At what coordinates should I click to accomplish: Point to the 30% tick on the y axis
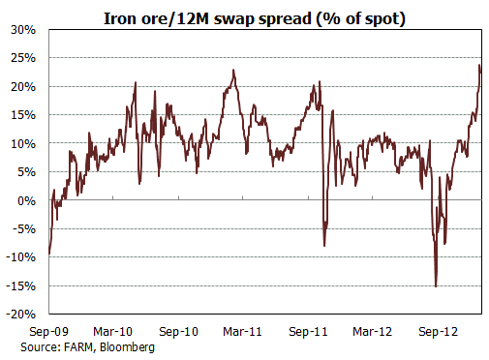[x=23, y=29]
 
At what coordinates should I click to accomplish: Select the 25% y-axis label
[x=23, y=58]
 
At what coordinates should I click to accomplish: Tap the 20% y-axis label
[x=23, y=86]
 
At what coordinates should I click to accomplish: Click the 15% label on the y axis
[x=23, y=115]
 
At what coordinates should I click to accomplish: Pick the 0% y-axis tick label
[x=26, y=200]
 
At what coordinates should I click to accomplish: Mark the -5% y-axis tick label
[x=24, y=229]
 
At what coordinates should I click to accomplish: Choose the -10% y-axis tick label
[x=21, y=257]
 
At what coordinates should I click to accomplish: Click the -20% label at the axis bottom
[x=21, y=315]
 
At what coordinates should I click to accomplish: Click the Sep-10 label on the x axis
[x=180, y=331]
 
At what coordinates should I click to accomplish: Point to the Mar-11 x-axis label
[x=242, y=331]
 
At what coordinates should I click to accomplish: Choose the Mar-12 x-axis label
[x=373, y=331]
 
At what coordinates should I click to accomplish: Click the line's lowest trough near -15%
[x=436, y=285]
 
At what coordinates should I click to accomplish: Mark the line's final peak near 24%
[x=480, y=66]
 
